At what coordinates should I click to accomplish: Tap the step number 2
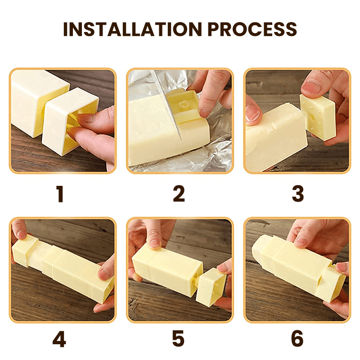pos(179,194)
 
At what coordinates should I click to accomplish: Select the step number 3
pos(298,194)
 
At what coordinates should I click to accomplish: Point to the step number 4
pos(60,340)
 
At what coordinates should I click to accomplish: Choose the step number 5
pos(179,340)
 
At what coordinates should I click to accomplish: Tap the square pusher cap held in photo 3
pos(318,114)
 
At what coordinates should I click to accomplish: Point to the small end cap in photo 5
pos(210,288)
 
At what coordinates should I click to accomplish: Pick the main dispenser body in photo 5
pos(164,270)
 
